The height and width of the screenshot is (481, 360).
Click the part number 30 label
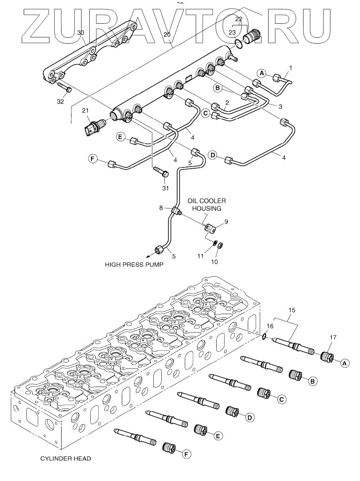(81, 32)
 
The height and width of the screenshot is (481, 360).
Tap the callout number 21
(85, 110)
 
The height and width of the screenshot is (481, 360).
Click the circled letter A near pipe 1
(262, 73)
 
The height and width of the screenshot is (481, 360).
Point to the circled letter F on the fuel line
(93, 158)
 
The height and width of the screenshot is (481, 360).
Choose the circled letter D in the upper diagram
(213, 155)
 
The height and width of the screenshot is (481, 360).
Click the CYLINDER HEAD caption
(65, 459)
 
